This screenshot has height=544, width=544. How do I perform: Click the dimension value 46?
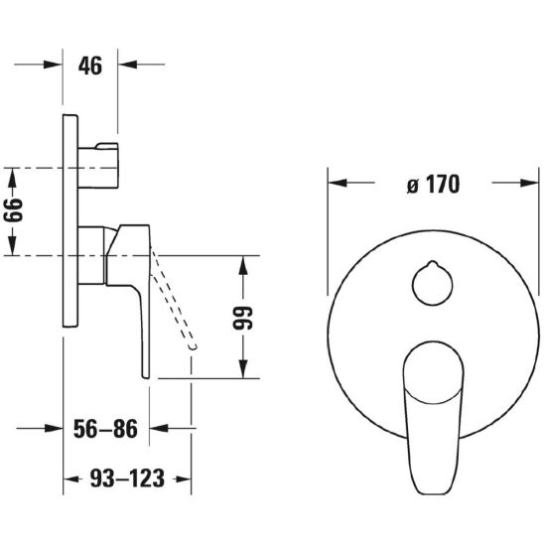pos(90,66)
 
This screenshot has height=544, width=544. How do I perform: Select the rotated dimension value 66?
pos(13,210)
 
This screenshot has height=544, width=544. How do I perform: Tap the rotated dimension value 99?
pos(243,318)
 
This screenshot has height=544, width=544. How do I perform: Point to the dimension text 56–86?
pos(105,429)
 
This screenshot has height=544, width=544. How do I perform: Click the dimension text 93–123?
pos(127,478)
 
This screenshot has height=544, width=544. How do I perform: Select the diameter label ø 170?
pos(434,185)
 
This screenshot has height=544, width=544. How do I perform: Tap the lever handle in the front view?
pos(434,416)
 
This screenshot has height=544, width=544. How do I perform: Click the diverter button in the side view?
pos(98,165)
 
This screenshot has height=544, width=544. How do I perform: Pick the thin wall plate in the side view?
pos(70,220)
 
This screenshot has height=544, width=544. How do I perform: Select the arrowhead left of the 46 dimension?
pos(53,65)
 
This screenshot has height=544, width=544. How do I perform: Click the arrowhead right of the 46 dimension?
pos(127,65)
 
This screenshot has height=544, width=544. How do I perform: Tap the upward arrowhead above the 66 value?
pos(13,177)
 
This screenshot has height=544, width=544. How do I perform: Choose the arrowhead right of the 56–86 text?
pos(159,428)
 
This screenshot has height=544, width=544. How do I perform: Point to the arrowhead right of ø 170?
pos(530,183)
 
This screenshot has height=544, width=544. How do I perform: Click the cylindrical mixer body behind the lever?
pos(91,255)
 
